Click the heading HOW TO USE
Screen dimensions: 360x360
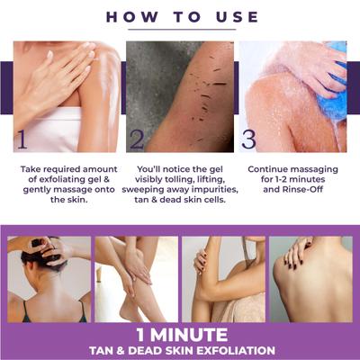(180, 16)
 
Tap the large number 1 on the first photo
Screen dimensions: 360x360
(22, 137)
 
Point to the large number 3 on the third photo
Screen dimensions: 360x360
(248, 137)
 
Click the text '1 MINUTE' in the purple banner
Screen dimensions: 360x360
(180, 329)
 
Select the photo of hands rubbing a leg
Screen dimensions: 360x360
(135, 278)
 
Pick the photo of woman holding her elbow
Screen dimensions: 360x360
(222, 278)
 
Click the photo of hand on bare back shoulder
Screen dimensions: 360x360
(310, 278)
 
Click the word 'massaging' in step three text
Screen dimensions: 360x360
(311, 167)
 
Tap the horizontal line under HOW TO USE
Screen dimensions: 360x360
(180, 30)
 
